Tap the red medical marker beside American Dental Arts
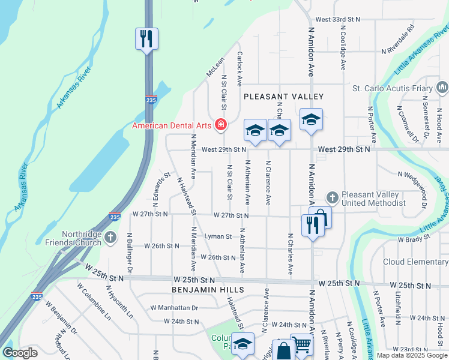point(221,125)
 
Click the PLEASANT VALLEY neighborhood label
point(283,97)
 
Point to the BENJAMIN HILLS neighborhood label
point(208,290)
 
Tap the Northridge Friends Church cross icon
point(110,238)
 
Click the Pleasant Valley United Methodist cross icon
point(332,197)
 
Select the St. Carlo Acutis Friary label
point(392,89)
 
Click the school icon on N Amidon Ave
point(312,120)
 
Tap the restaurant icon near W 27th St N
point(312,225)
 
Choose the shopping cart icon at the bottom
point(301,344)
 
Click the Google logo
point(20,353)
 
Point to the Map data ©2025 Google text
point(412,356)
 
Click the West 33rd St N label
point(337,20)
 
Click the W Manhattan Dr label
point(174,308)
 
